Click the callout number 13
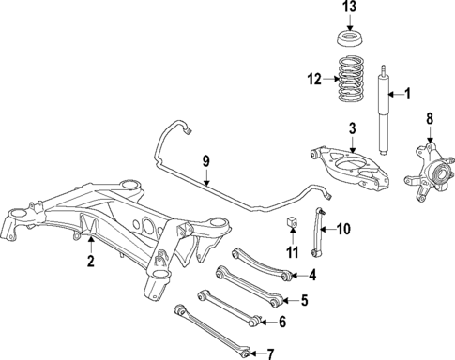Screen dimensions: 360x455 pos(349,8)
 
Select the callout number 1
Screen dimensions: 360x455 pos(407,95)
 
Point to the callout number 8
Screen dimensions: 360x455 pos(431,118)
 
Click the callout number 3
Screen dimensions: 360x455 pos(352,128)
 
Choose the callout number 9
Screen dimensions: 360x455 pos(205,160)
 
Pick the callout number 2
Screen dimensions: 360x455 pos(91,262)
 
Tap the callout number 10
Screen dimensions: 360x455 pos(343,228)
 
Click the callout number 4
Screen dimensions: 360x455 pos(312,276)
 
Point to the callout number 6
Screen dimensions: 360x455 pos(282,322)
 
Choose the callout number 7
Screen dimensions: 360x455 pos(270,353)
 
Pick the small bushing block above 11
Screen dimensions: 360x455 pos(291,222)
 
